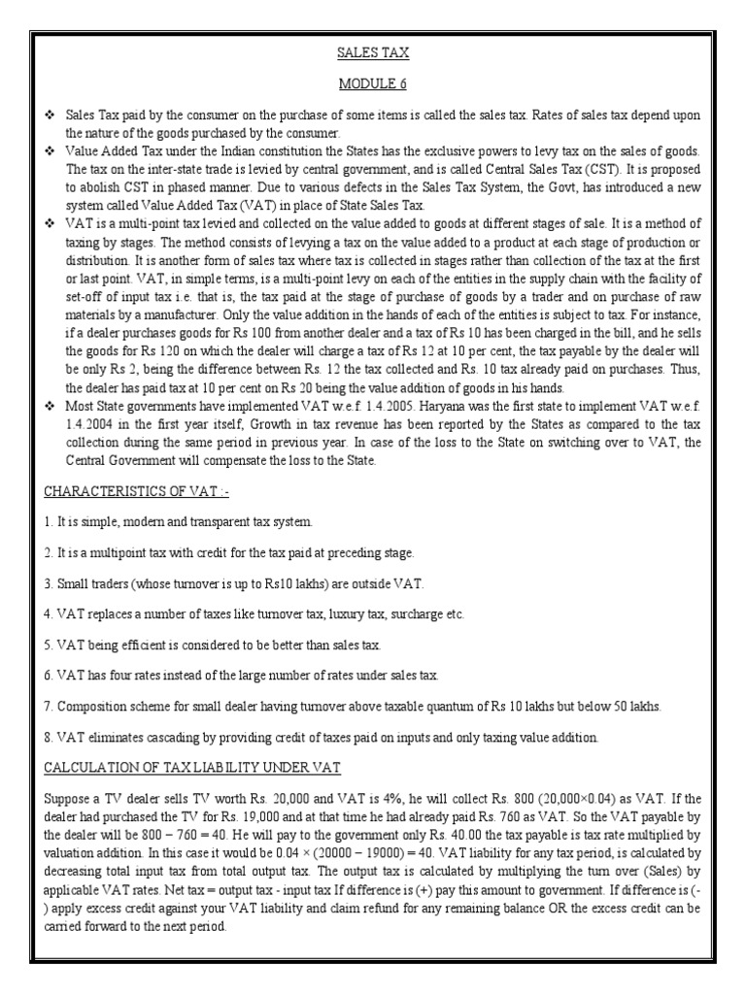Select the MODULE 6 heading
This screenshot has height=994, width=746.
(373, 84)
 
